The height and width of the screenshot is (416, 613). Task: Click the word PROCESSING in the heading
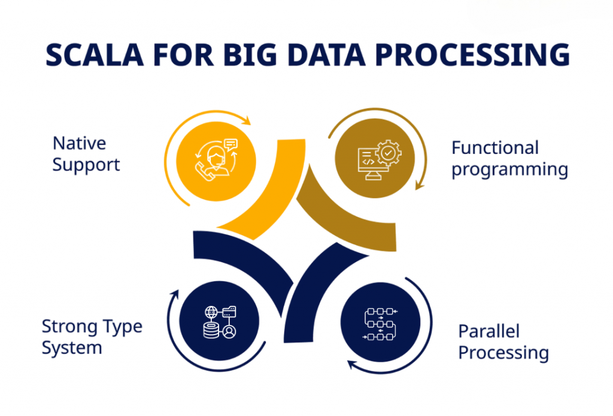click(485, 55)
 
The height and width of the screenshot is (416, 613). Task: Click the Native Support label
click(86, 154)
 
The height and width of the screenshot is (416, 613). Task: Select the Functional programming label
click(509, 159)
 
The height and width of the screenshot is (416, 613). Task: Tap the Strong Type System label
click(92, 337)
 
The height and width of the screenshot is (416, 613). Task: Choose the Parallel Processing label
click(503, 342)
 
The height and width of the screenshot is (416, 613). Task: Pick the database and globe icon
click(219, 322)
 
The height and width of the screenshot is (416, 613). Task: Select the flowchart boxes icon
click(381, 324)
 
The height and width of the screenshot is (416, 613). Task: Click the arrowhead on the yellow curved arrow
click(247, 122)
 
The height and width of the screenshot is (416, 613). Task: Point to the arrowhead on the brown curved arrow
click(420, 186)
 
